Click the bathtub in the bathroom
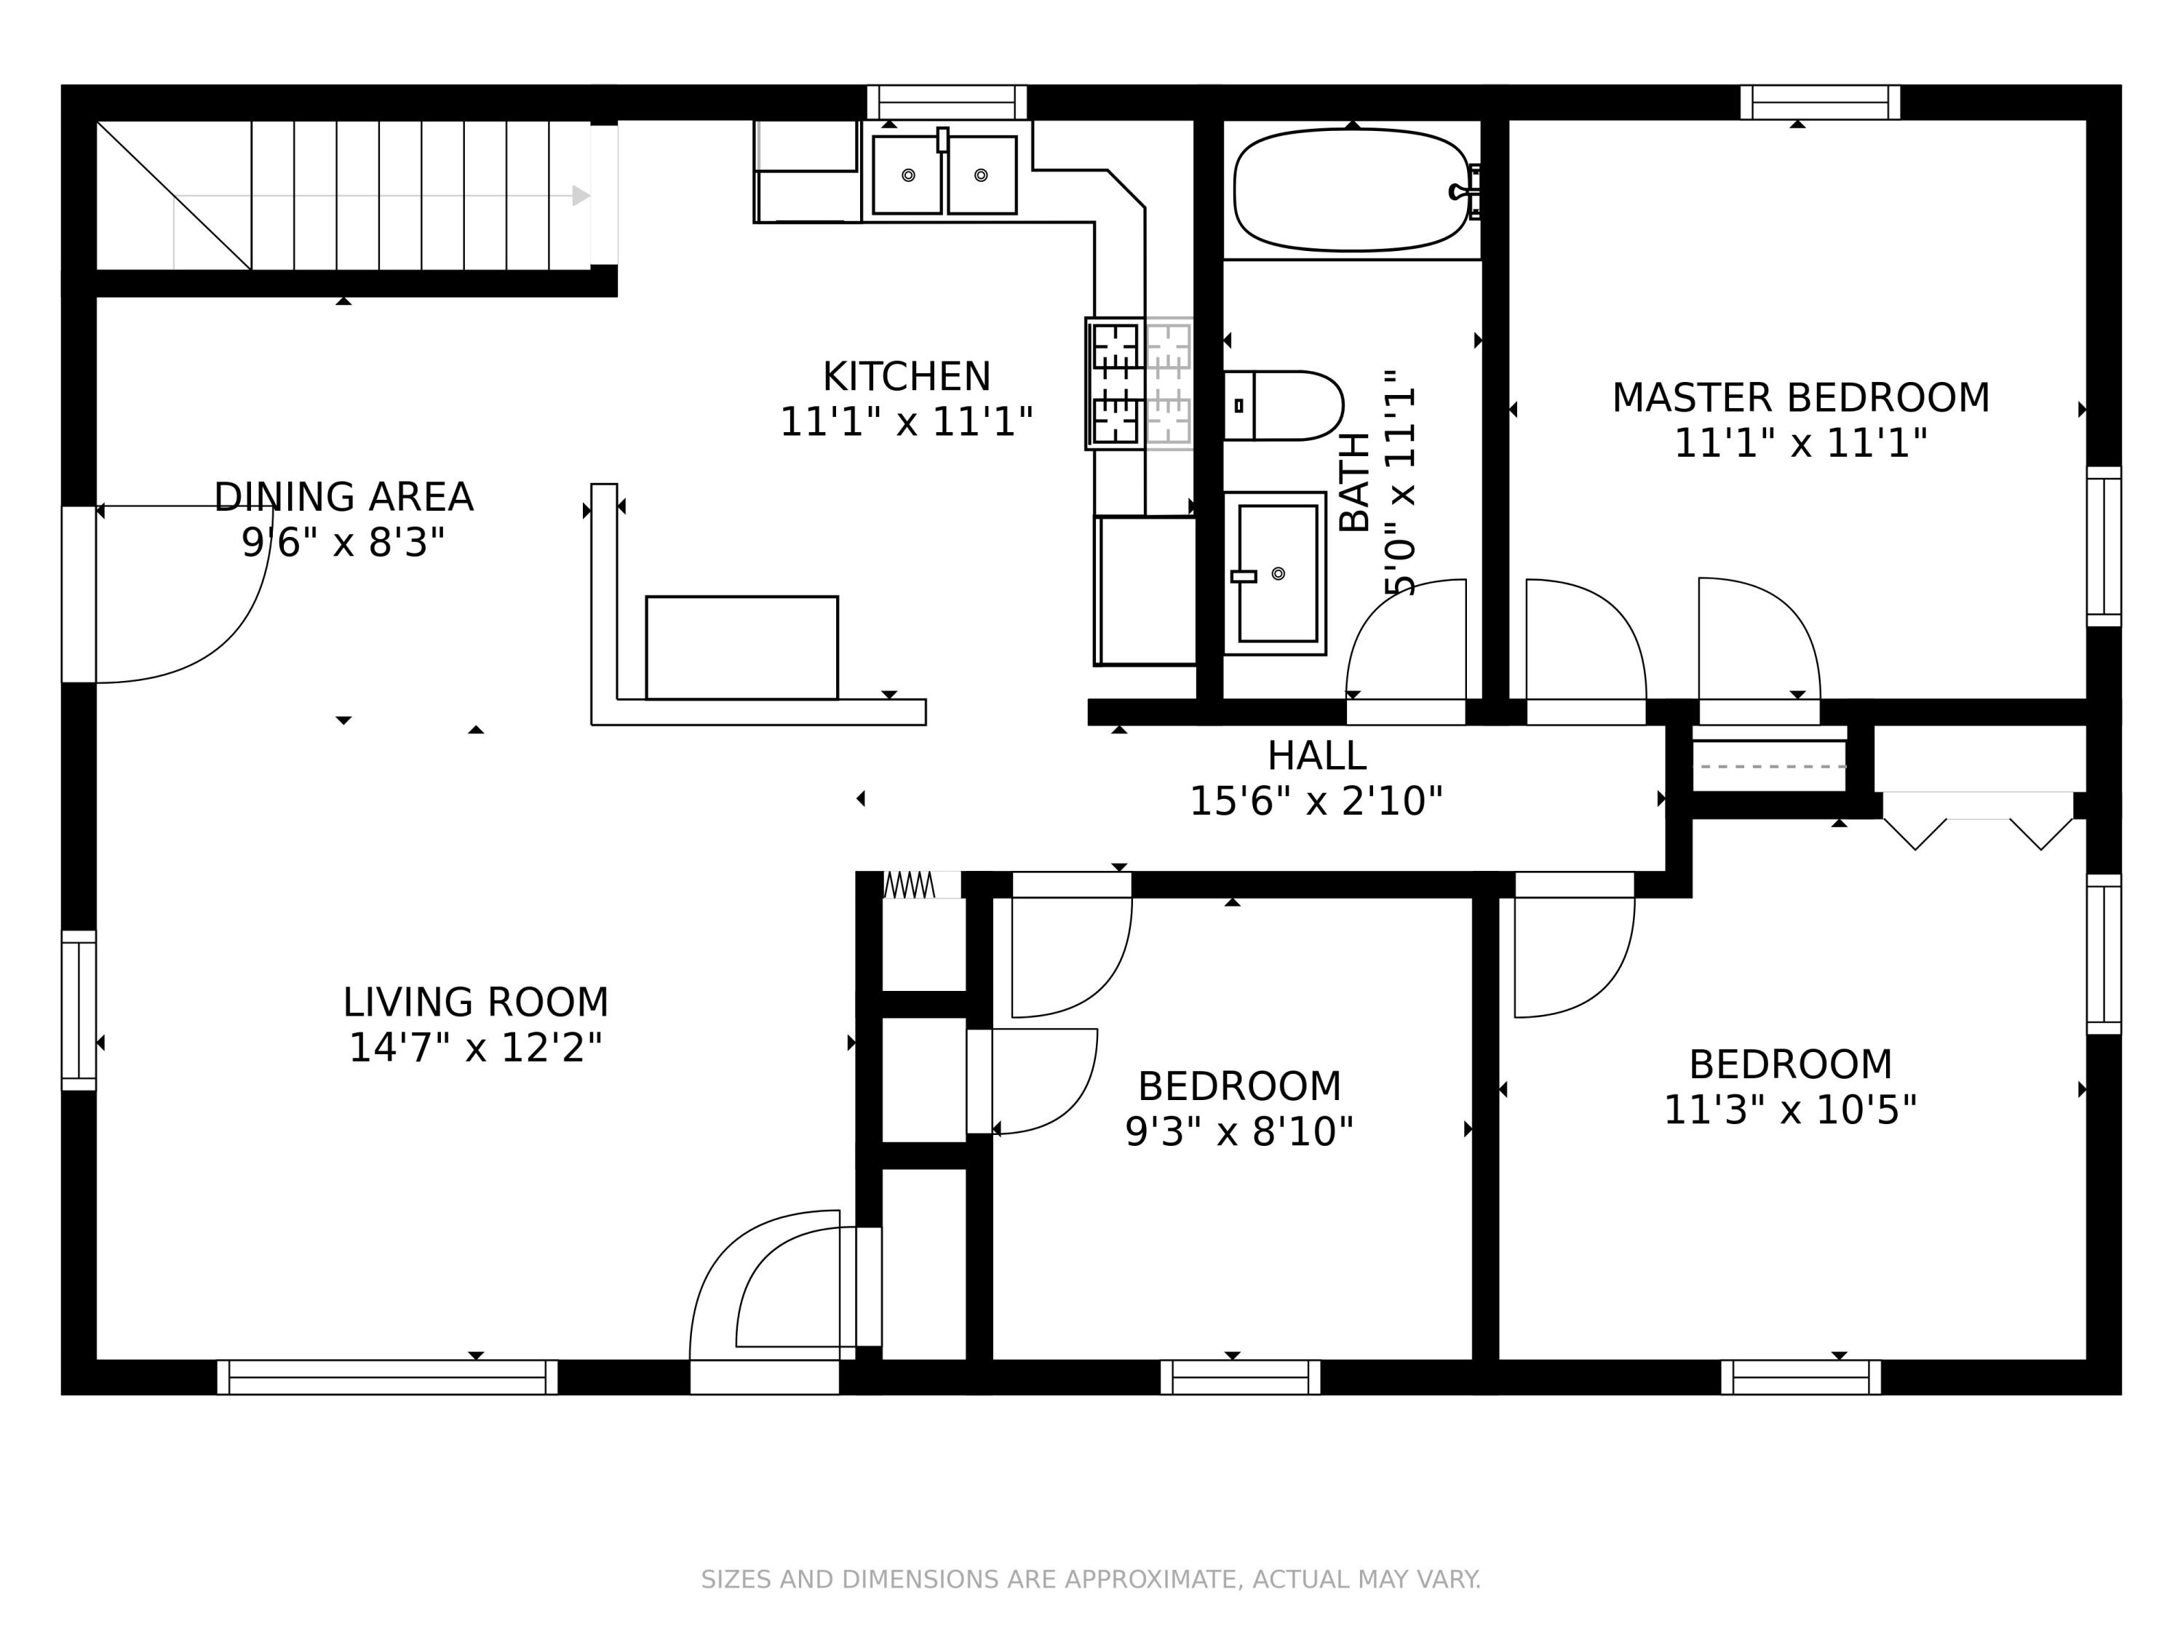[x=1352, y=189]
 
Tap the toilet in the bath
[x=1283, y=405]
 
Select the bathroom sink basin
[x=1278, y=573]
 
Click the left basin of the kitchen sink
[x=907, y=175]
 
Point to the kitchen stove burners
[x=1140, y=384]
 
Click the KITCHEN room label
[x=906, y=376]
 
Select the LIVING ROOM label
[x=476, y=1002]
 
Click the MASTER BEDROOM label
[x=1800, y=398]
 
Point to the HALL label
[x=1316, y=756]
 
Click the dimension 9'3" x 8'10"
[x=1239, y=1132]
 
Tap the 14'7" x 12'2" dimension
[x=476, y=1047]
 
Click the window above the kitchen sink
[x=947, y=102]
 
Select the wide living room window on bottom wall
[x=387, y=1377]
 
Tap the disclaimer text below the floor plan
[x=1091, y=1580]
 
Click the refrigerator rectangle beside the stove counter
[x=1146, y=590]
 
